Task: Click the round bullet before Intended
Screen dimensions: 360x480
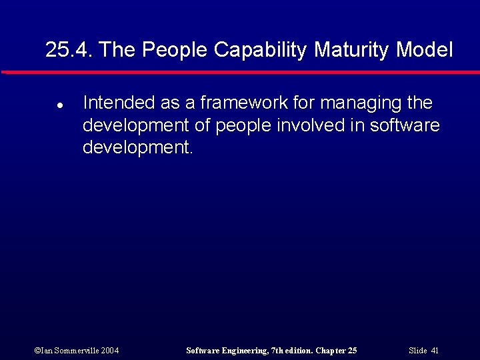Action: click(59, 105)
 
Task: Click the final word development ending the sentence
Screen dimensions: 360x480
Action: click(135, 147)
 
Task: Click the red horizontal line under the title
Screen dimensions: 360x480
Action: click(240, 72)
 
